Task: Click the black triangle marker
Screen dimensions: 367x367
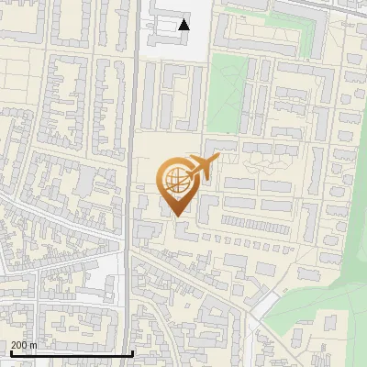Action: (x=184, y=25)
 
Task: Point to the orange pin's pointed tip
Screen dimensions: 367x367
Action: (x=176, y=217)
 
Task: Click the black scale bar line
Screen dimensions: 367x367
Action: (x=72, y=353)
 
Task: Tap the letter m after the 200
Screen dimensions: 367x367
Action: (x=34, y=345)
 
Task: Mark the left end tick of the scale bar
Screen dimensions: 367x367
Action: (x=10, y=351)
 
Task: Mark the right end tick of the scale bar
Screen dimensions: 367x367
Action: (x=133, y=351)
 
